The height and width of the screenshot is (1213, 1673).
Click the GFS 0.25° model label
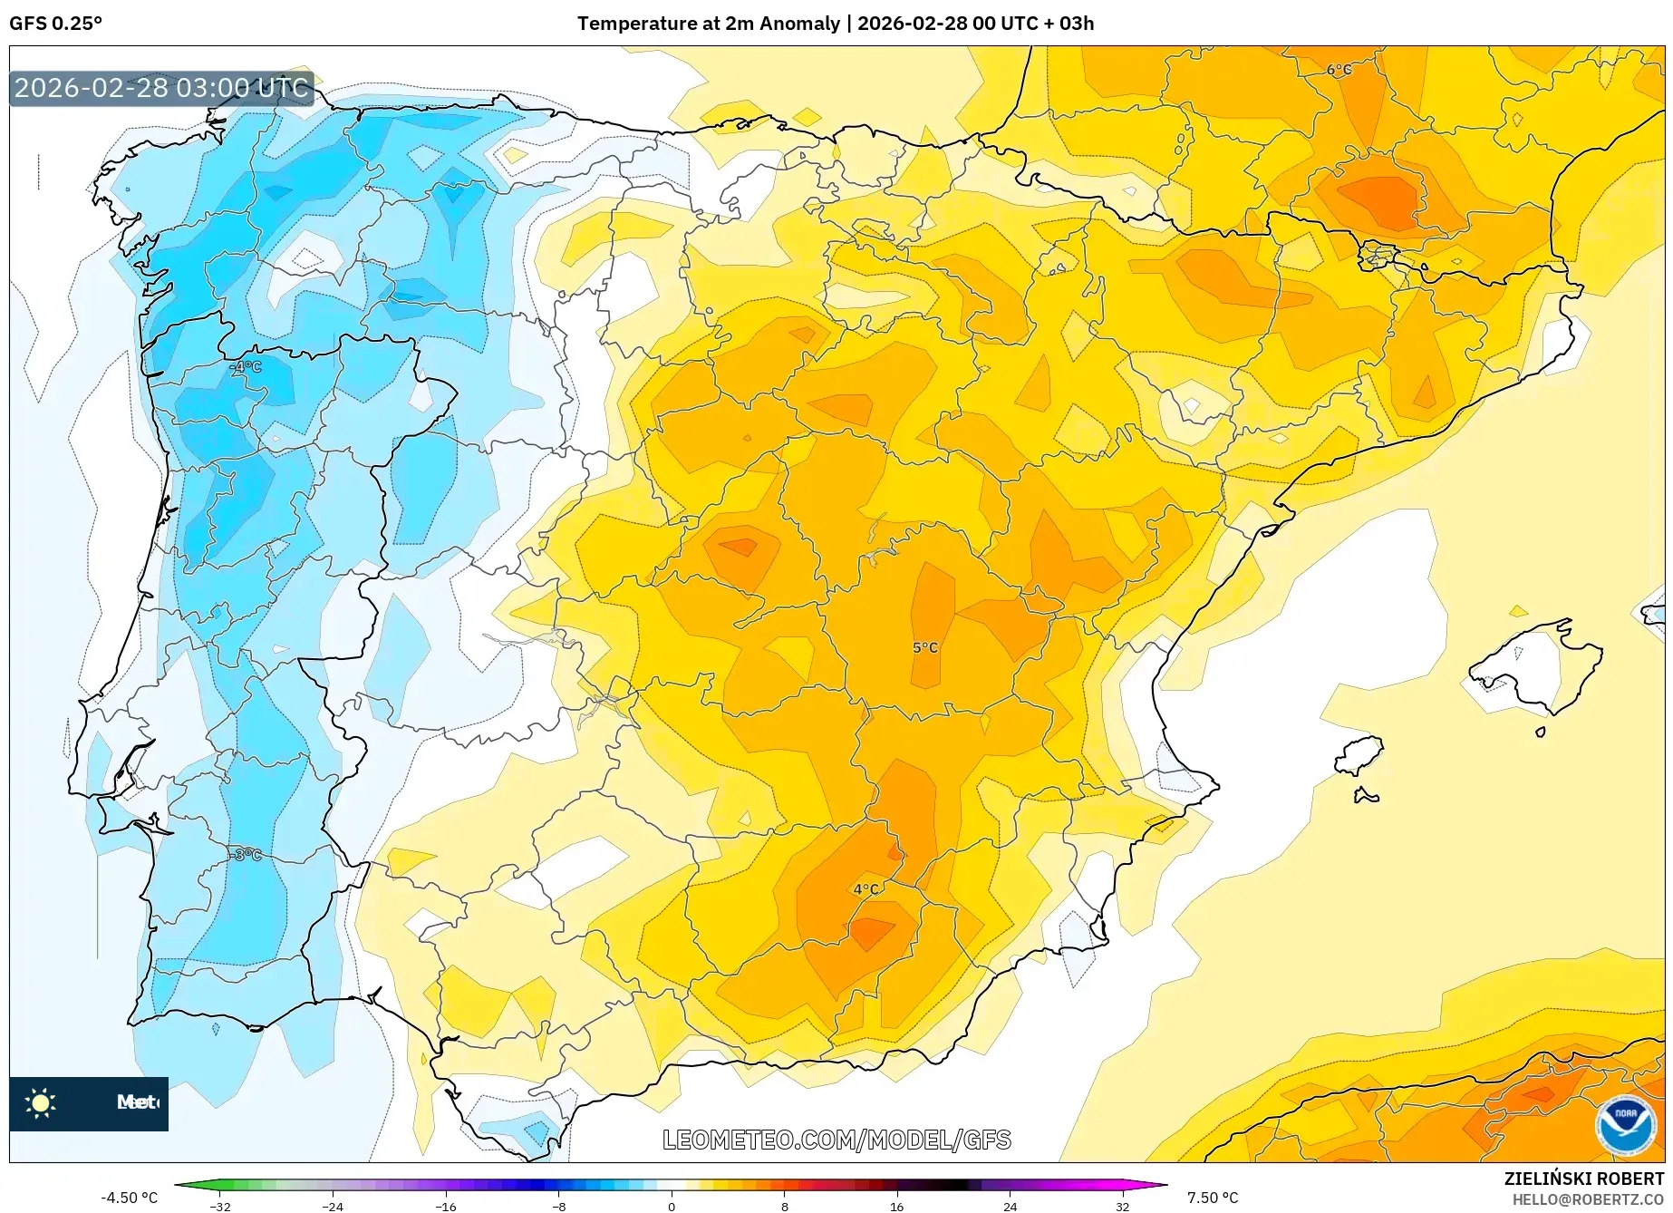pyautogui.click(x=55, y=24)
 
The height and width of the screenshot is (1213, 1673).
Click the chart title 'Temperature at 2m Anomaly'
pyautogui.click(x=708, y=24)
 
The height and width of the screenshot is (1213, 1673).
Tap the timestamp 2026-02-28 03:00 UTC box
pyautogui.click(x=161, y=88)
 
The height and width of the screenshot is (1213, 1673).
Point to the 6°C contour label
pyautogui.click(x=1338, y=70)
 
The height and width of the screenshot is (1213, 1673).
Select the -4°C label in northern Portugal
pyautogui.click(x=245, y=367)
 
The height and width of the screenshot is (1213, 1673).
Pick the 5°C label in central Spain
pyautogui.click(x=924, y=647)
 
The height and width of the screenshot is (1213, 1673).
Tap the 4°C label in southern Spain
pyautogui.click(x=866, y=889)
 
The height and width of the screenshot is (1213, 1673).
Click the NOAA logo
pyautogui.click(x=1625, y=1125)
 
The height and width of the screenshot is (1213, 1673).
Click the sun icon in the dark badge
pyautogui.click(x=41, y=1103)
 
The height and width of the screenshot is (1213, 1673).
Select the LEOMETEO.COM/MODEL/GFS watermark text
pyautogui.click(x=836, y=1140)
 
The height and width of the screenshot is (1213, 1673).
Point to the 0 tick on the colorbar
pyautogui.click(x=672, y=1207)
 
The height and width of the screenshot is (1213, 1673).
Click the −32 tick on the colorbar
pyautogui.click(x=220, y=1207)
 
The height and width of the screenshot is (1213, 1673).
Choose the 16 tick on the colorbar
pyautogui.click(x=896, y=1207)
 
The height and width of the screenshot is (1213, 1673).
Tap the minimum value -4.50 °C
pyautogui.click(x=129, y=1198)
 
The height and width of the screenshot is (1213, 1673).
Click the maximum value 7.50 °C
pyautogui.click(x=1212, y=1198)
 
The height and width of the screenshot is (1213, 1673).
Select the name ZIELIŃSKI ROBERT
pyautogui.click(x=1583, y=1179)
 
